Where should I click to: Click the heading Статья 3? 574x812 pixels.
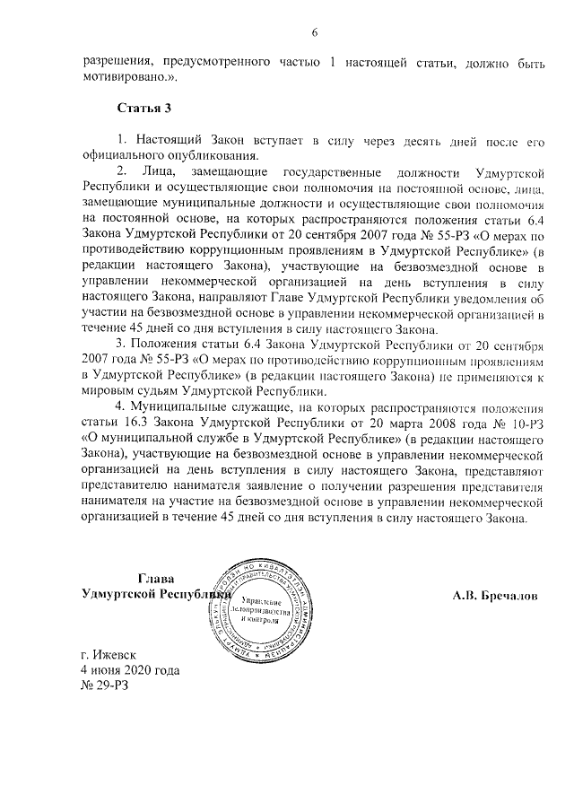click(x=143, y=109)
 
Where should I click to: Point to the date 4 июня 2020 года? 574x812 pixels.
click(x=130, y=670)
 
